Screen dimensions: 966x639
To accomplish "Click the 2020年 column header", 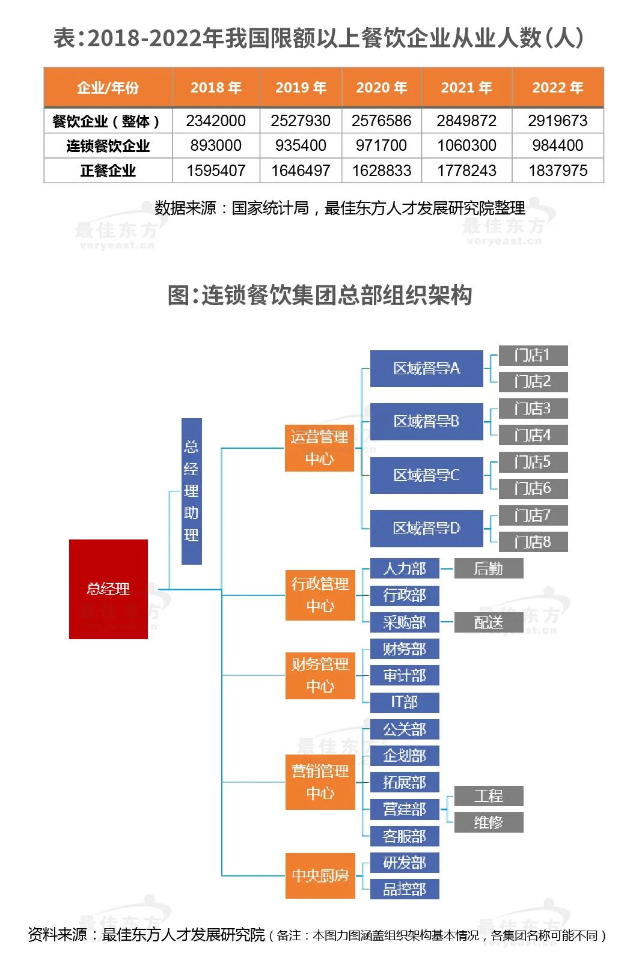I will coord(381,88).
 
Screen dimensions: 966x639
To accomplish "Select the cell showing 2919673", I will coord(557,121).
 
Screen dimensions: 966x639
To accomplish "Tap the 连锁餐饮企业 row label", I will coord(108,146).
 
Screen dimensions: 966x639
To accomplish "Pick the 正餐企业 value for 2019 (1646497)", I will coord(301,171).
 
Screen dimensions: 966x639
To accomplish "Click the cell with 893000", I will coord(216,146).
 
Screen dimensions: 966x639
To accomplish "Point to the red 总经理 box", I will coord(108,589).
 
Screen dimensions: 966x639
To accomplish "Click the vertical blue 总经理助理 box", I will coord(191,491).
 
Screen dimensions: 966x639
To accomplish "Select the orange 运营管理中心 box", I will coord(319,448).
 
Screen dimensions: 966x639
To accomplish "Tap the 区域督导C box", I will coord(426,475).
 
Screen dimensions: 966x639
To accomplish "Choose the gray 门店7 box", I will coord(533,515).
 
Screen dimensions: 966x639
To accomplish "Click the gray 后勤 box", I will coord(488,568).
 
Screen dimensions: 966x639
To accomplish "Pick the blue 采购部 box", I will coord(405,622).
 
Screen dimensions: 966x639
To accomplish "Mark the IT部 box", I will coord(405,702).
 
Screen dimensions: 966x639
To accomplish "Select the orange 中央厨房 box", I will coord(320,876).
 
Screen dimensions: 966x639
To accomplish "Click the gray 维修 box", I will coord(488,822).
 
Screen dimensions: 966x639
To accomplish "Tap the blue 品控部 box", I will coord(405,889).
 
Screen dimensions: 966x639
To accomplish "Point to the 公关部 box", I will coord(405,729).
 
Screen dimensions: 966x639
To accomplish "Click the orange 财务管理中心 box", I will coord(320,675).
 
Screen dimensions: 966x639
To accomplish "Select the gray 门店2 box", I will coord(533,381).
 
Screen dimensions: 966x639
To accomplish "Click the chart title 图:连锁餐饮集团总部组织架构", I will coord(320,295).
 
